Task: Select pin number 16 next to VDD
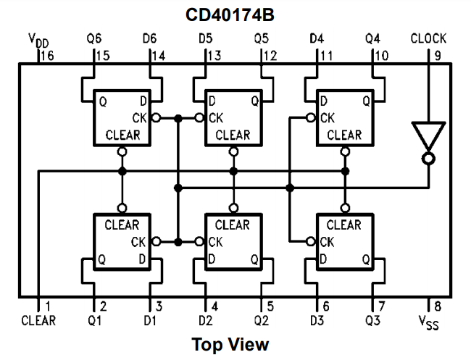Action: (x=47, y=55)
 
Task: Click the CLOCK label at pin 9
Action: (x=428, y=38)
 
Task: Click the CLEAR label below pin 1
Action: (x=38, y=319)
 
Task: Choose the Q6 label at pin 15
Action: (x=94, y=38)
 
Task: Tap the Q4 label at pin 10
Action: (x=372, y=38)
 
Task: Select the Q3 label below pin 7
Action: (x=372, y=319)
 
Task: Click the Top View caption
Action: (x=230, y=344)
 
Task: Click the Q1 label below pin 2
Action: (x=94, y=319)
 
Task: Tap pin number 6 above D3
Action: (x=325, y=306)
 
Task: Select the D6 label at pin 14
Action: (x=150, y=38)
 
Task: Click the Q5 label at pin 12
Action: (x=261, y=38)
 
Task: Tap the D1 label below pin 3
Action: (x=150, y=319)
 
